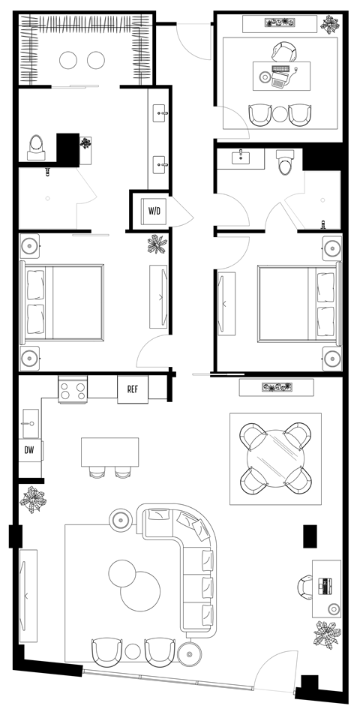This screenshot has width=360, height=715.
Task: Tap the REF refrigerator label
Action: click(133, 389)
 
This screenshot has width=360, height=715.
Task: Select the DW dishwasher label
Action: click(29, 450)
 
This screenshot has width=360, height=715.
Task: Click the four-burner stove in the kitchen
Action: click(73, 389)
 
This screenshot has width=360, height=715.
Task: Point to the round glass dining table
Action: click(274, 458)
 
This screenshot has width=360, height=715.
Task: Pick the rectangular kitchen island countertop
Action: click(110, 452)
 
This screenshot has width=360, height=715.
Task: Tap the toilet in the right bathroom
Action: click(285, 162)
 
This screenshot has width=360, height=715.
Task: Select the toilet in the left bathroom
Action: click(36, 146)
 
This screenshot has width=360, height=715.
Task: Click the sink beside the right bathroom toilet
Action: click(241, 158)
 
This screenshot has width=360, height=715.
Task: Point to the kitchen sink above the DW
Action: click(31, 422)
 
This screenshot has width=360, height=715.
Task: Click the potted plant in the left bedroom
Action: click(157, 245)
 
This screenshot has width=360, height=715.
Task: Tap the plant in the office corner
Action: click(329, 24)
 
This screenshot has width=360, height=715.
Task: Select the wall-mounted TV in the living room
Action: click(27, 593)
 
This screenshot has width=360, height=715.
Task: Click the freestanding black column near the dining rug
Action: click(309, 535)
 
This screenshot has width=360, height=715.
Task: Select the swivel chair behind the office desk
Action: click(283, 52)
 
